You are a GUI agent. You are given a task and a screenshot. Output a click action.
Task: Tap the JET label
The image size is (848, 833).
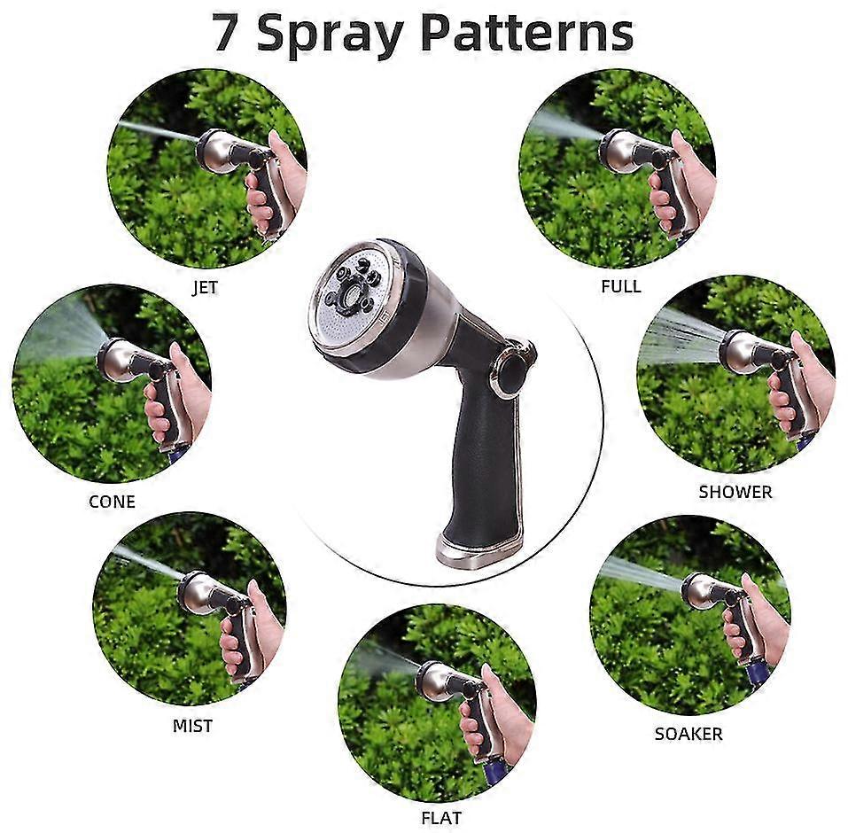point(205,288)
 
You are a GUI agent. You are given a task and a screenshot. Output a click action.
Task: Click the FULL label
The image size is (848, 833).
point(620,286)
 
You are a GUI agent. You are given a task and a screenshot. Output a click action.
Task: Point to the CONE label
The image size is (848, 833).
point(112,502)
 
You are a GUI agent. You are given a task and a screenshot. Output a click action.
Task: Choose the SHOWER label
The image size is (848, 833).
point(735,492)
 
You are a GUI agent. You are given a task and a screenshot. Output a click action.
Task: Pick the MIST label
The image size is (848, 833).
point(192,726)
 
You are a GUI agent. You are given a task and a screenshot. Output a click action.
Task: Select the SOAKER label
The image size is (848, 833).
point(689,734)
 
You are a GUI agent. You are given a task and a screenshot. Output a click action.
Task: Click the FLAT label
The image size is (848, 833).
point(440,817)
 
